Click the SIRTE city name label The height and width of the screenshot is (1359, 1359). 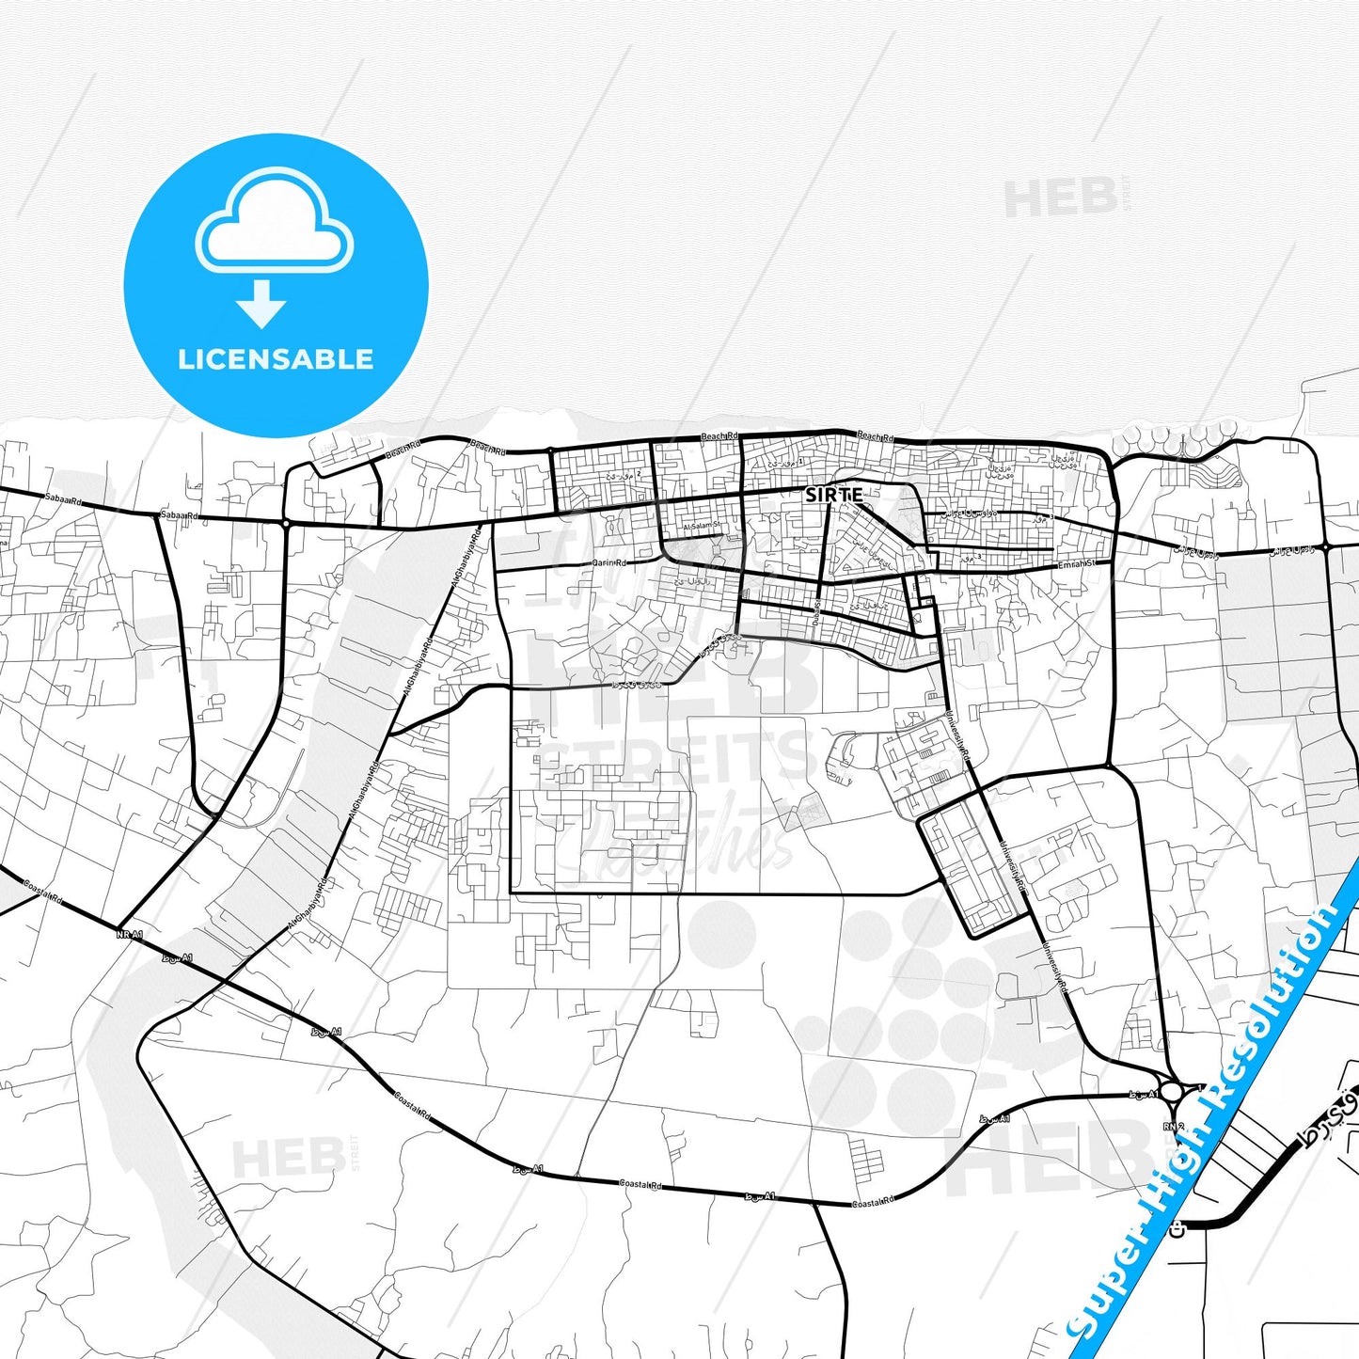(833, 495)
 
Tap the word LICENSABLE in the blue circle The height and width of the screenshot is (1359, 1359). (276, 359)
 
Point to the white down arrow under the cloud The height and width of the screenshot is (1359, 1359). (261, 305)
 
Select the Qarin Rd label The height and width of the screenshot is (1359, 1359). (608, 563)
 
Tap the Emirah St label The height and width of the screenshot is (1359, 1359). (1077, 564)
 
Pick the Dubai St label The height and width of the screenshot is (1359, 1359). (816, 609)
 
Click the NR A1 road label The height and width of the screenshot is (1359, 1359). (129, 935)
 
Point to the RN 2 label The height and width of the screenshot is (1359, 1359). (1173, 1126)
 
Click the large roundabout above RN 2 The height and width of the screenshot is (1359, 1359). (1172, 1092)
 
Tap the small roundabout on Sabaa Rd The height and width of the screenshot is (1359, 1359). (285, 523)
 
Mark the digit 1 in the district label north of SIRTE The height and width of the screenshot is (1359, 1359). (800, 462)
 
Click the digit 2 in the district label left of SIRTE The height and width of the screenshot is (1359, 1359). (639, 474)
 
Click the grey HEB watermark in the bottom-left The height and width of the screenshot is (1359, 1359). (287, 1158)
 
